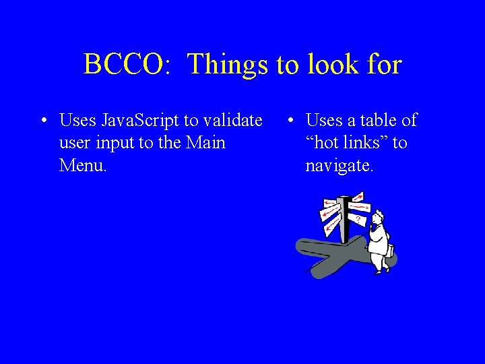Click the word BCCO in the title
(x=121, y=65)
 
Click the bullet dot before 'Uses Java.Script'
(x=42, y=121)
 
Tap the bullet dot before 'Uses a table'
(x=289, y=121)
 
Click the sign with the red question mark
(x=358, y=219)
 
